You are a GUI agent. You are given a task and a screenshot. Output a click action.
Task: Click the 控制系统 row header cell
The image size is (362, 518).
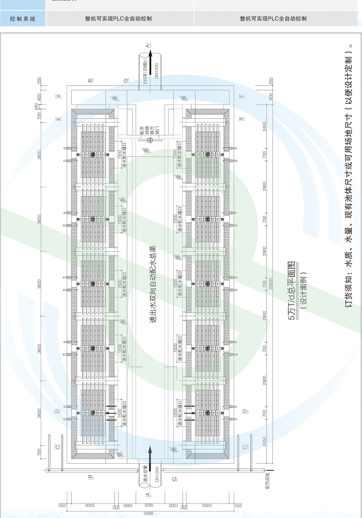pos(23,19)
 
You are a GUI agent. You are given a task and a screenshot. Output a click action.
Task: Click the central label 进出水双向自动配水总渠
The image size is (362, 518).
pos(153,285)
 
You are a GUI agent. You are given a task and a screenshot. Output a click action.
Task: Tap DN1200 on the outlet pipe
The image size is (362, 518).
pos(157,71)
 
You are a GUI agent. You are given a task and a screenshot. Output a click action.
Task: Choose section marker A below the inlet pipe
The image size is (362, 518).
pos(148,494)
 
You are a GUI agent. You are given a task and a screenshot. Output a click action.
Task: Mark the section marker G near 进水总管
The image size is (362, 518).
pos(174,478)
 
